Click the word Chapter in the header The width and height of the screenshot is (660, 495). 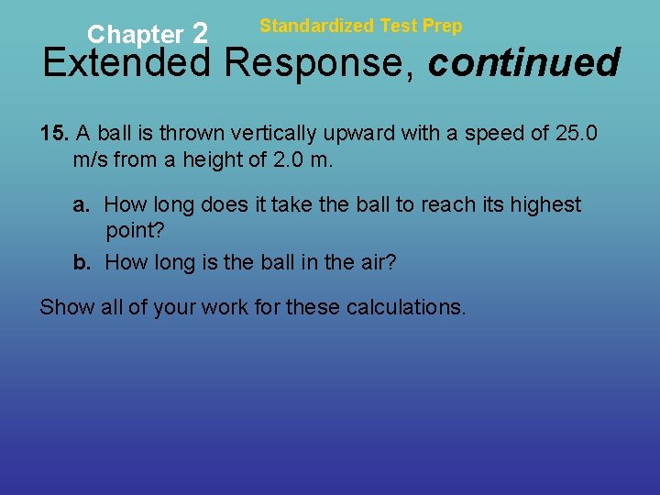click(135, 35)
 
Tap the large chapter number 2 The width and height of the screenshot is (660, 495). click(201, 34)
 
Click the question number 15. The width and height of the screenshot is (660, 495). click(54, 133)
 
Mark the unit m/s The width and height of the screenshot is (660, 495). click(90, 159)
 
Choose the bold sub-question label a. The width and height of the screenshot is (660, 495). click(82, 204)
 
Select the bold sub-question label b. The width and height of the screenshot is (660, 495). click(82, 262)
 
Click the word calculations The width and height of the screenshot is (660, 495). click(406, 306)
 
